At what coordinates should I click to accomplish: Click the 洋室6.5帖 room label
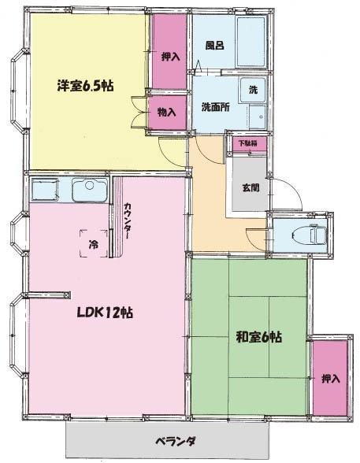pos(85,86)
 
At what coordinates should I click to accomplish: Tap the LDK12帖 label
pos(105,313)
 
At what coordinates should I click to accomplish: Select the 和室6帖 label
pos(258,337)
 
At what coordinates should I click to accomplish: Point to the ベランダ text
pos(175,442)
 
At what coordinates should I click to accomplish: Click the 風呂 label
pos(215,45)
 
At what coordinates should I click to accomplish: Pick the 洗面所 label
pos(216,107)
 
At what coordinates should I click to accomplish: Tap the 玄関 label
pos(251,187)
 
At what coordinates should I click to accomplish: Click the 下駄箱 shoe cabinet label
pos(248,143)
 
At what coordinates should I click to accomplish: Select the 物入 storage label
pos(167,112)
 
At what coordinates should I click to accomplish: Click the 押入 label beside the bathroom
pos(171,57)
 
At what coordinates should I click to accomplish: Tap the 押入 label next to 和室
pos(331,379)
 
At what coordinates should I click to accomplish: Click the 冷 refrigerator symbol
pos(94,244)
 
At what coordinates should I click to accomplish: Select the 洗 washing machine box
pos(253,90)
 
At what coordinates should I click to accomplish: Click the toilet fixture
pos(312,235)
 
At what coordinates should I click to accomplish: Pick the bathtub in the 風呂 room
pos(251,43)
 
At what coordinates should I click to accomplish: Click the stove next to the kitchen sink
pos(45,190)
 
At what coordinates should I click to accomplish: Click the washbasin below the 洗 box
pos(258,117)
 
